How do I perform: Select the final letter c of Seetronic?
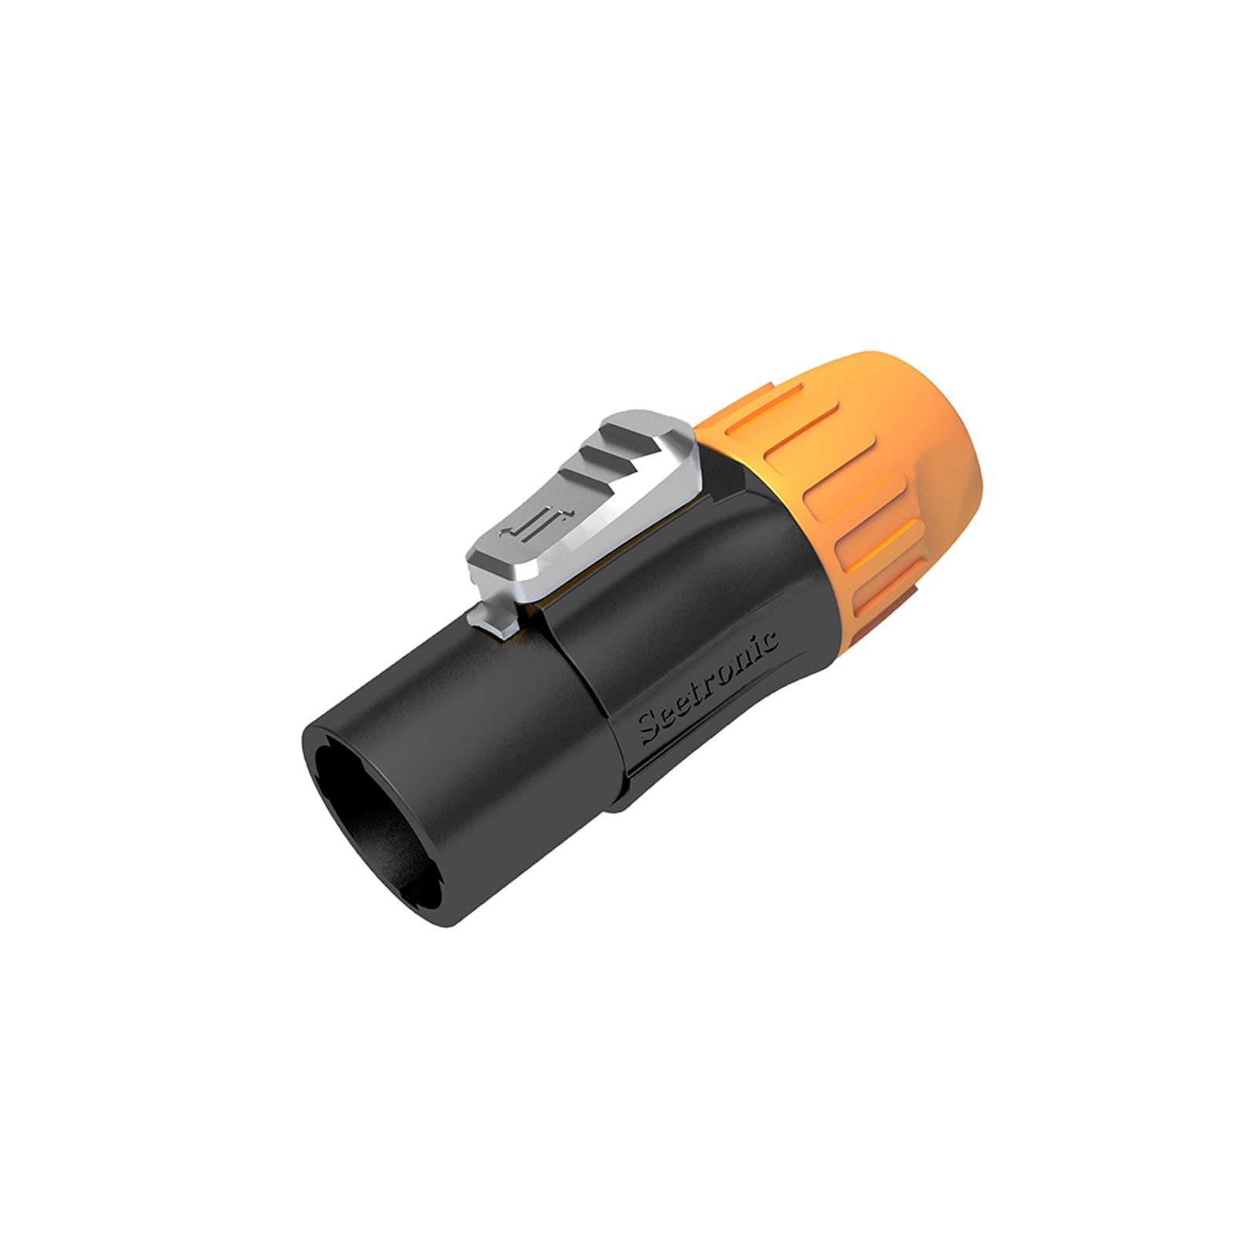click(771, 641)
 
